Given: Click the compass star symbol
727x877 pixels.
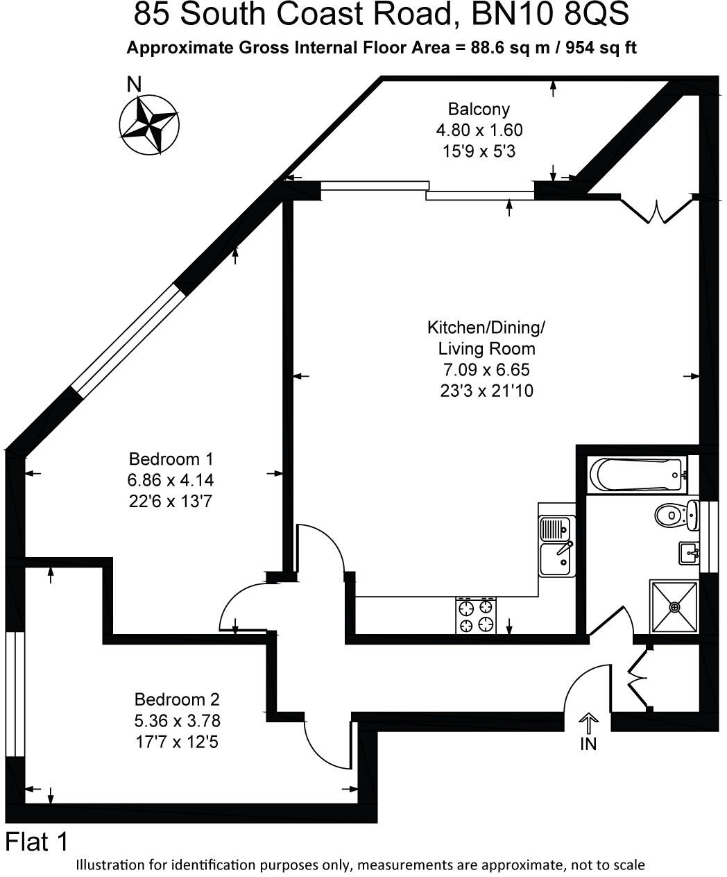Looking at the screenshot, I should [x=149, y=126].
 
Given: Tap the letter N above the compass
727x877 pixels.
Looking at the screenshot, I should [x=134, y=85].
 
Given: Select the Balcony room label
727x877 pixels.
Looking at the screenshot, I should [x=479, y=109].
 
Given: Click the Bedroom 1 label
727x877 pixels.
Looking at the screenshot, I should [x=171, y=459].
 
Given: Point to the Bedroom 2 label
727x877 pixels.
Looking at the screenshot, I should [x=177, y=699].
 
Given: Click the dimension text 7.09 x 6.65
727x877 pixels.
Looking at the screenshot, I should [x=486, y=370].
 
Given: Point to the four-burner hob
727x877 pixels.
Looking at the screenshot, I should [x=476, y=615].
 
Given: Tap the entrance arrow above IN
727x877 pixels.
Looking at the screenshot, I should [x=588, y=724].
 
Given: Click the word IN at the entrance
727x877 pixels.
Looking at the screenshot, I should [x=588, y=744].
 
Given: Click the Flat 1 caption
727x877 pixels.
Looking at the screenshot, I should [x=37, y=842].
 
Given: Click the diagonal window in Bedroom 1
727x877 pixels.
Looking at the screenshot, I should [x=129, y=341].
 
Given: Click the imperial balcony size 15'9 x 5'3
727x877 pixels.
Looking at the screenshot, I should [x=479, y=151].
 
